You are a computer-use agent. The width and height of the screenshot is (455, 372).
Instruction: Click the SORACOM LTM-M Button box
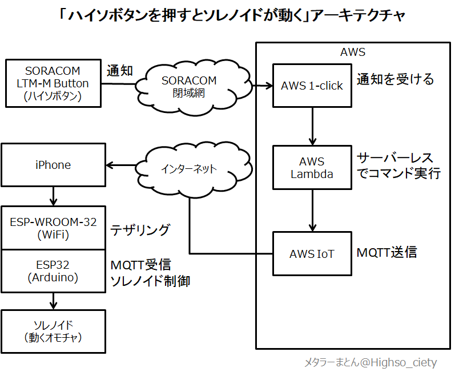[54, 83]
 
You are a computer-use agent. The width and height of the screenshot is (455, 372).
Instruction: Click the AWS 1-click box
[312, 86]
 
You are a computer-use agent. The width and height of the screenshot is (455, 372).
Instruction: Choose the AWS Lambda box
[312, 168]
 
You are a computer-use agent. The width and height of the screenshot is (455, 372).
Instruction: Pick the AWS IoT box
[312, 254]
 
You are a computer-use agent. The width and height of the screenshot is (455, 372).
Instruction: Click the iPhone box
[54, 165]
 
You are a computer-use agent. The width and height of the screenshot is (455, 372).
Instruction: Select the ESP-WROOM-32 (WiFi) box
[54, 228]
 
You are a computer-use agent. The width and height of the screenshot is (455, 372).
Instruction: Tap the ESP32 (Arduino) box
[54, 271]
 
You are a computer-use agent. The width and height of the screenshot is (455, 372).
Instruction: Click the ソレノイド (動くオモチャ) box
[54, 331]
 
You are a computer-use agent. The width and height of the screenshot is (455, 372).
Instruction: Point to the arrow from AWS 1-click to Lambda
[312, 127]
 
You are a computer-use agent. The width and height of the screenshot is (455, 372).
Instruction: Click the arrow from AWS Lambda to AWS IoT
[312, 211]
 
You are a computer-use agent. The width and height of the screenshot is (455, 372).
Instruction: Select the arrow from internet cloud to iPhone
[121, 165]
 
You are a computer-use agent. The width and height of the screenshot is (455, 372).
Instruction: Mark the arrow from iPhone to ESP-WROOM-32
[54, 196]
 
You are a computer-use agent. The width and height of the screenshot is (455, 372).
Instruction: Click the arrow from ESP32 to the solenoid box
[54, 301]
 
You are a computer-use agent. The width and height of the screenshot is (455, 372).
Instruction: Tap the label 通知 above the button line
[120, 71]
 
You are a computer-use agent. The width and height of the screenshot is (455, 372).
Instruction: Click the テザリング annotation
[140, 230]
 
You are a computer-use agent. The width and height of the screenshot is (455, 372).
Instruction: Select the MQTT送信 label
[386, 252]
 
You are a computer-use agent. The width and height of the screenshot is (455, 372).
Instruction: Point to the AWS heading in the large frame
[353, 52]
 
